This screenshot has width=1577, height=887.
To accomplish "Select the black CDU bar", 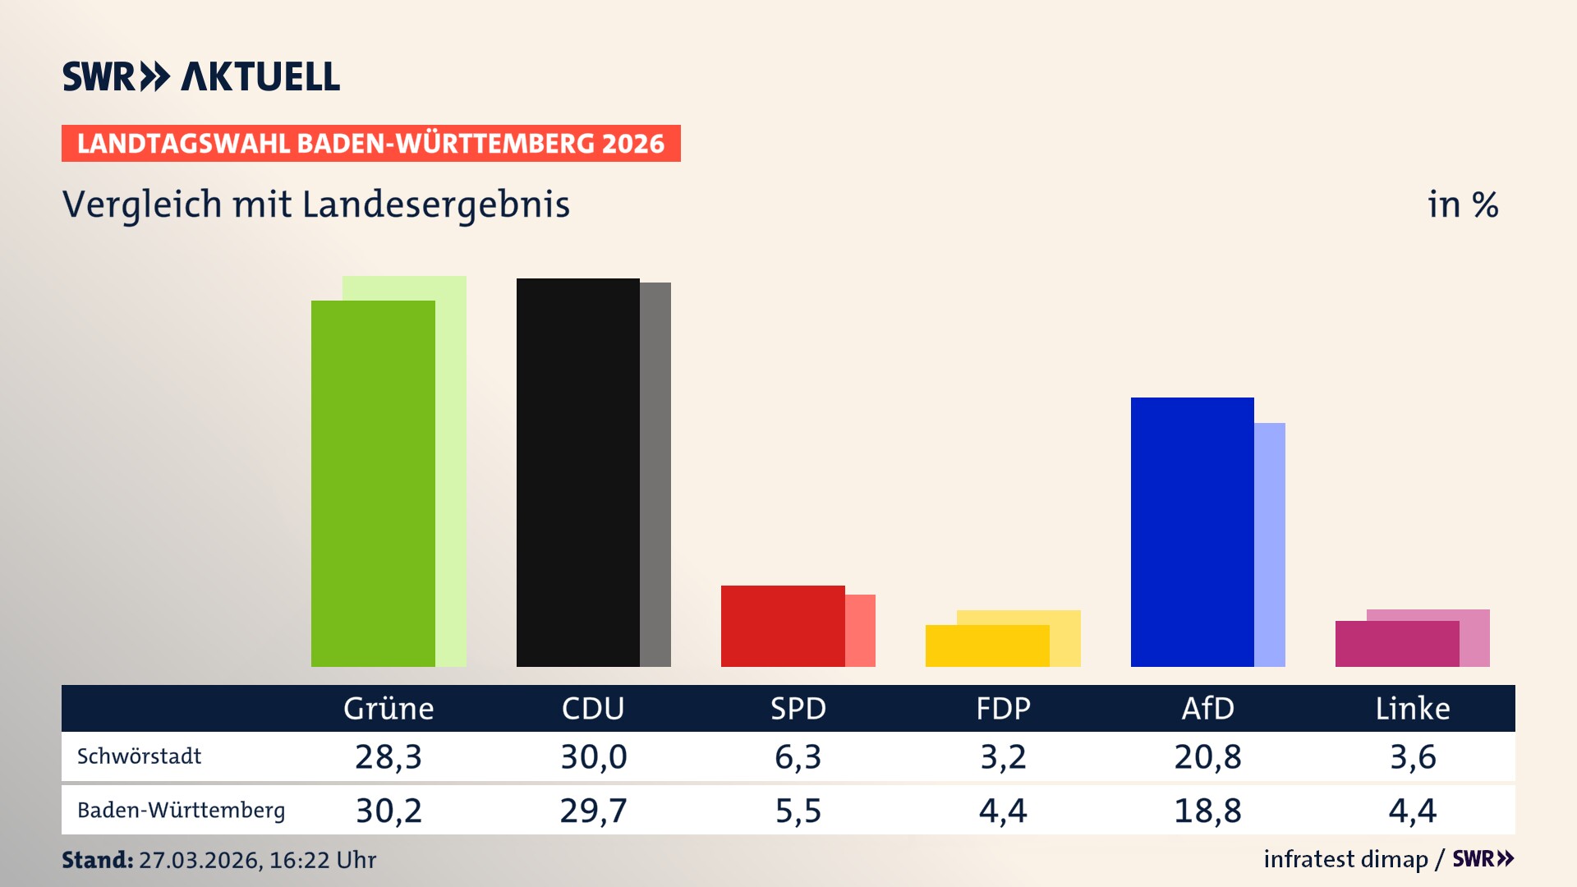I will coord(577,472).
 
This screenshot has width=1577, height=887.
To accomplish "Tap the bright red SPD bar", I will coord(782,626).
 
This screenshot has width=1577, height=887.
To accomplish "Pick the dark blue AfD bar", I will coord(1192,531).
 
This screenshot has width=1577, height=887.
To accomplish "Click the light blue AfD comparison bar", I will coord(1270,545).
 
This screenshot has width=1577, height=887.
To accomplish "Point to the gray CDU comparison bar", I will coord(655,475).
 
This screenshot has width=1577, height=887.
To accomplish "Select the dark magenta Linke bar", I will coord(1396,644).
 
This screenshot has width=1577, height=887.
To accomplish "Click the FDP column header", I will coord(1003,709).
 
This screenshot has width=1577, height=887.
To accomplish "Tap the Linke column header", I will coord(1413,709).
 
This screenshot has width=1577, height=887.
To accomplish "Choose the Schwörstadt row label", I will coord(139,756).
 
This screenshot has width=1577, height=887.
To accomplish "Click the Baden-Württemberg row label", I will coord(181,811).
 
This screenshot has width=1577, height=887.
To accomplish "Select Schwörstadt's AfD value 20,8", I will coord(1207,756).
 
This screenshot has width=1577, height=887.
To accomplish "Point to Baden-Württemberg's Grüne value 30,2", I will coord(389,811).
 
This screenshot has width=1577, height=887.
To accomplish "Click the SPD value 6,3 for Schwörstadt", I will coord(798,756).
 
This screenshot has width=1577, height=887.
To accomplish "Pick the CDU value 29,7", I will coord(593,811).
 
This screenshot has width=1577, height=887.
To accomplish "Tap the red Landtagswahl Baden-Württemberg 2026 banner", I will coord(370,144).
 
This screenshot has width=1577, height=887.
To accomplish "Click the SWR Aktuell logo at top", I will coord(201,76).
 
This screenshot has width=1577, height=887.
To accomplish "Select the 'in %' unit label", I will coord(1463,205).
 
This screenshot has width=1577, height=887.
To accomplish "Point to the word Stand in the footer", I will coord(97,860).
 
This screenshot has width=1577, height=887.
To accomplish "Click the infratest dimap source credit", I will coord(1345,859).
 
